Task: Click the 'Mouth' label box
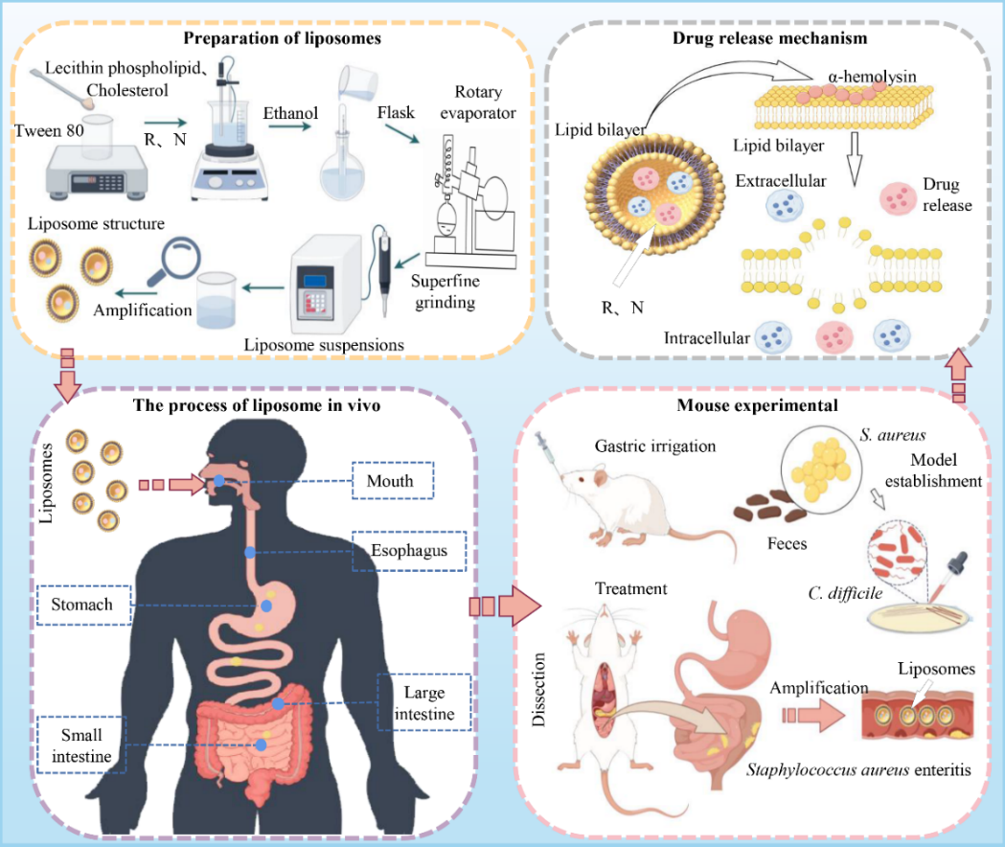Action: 392,481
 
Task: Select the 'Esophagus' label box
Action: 409,551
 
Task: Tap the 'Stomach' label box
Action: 83,606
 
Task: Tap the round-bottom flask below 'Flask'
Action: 341,172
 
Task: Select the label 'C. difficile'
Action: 843,594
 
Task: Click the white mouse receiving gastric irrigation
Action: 623,508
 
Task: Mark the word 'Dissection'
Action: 538,690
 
